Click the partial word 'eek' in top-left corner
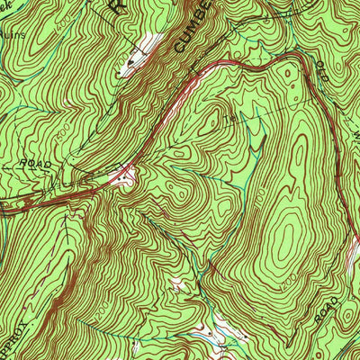point(7,4)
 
